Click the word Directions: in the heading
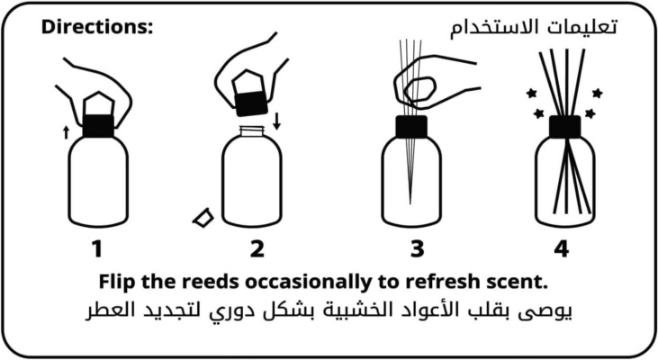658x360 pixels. click(x=97, y=27)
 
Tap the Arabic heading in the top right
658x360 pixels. click(x=534, y=27)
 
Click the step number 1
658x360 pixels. click(x=97, y=248)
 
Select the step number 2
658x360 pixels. click(x=257, y=248)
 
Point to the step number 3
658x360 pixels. click(x=417, y=248)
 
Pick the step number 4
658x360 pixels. click(x=562, y=248)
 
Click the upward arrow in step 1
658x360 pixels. click(x=66, y=132)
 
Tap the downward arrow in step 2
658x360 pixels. click(x=276, y=121)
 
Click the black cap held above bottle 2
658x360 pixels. click(x=251, y=103)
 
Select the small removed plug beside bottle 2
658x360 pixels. click(x=203, y=218)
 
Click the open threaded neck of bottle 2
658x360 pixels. click(x=252, y=130)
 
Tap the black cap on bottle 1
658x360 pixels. click(x=98, y=125)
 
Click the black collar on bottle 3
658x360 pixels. click(x=411, y=127)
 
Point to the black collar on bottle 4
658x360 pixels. click(x=565, y=127)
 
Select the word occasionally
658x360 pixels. click(x=308, y=282)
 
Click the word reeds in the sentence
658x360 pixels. click(x=211, y=282)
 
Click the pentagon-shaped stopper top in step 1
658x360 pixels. click(x=99, y=103)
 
